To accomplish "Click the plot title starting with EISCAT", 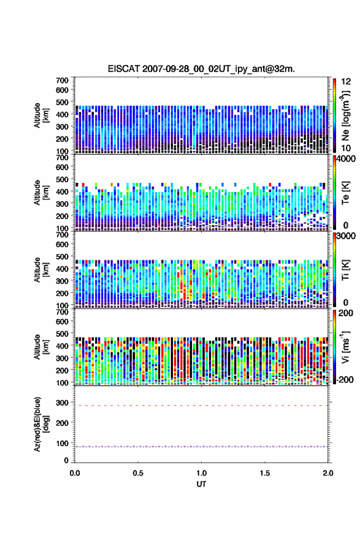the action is (201, 69).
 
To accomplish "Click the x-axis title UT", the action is (201, 484).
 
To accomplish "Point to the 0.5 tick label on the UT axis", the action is (138, 473).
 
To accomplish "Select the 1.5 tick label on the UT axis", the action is (265, 473).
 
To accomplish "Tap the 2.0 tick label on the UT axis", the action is (328, 473).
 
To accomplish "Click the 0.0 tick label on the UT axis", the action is (75, 473).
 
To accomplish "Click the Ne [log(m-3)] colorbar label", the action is (346, 116).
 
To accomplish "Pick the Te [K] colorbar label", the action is (345, 193).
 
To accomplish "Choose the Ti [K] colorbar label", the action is (345, 270).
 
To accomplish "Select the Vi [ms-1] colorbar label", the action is (345, 347).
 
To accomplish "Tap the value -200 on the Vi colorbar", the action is (343, 380).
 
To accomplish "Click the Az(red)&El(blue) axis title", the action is (41, 424).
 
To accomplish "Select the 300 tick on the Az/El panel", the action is (63, 403).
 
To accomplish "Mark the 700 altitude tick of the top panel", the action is (63, 80).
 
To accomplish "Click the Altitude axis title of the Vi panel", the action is (41, 347).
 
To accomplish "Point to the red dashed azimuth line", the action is (201, 406).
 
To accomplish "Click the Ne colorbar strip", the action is (334, 115).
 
